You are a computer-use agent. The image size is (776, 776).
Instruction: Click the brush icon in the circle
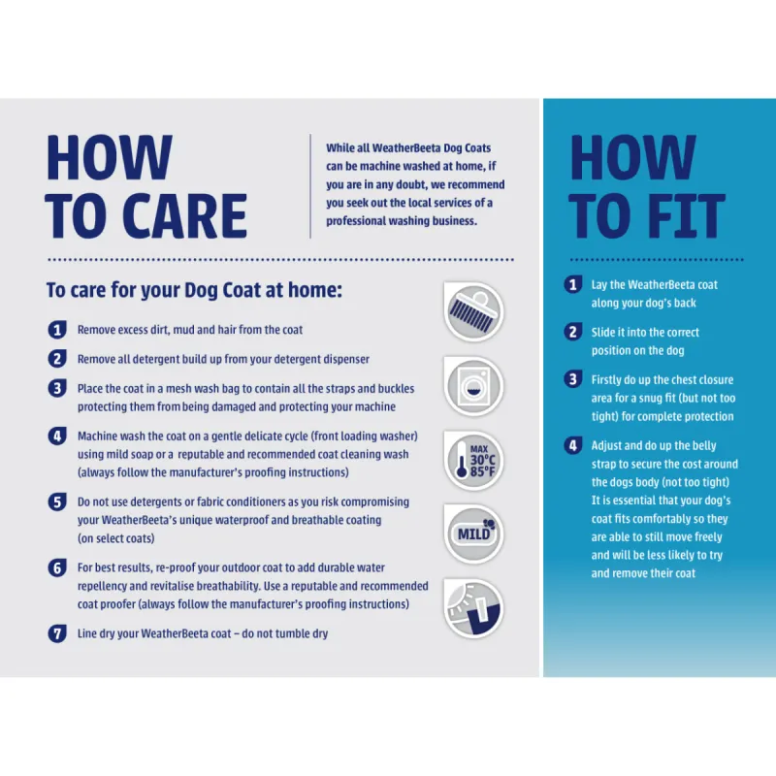pyautogui.click(x=473, y=311)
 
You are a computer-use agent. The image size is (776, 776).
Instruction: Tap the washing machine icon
pyautogui.click(x=473, y=386)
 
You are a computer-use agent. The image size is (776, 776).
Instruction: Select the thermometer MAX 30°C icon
pyautogui.click(x=473, y=460)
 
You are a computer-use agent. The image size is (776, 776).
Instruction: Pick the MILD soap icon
pyautogui.click(x=473, y=534)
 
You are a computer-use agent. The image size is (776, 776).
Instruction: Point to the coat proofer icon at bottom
pyautogui.click(x=473, y=608)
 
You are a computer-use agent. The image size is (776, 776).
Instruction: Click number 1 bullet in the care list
pyautogui.click(x=57, y=330)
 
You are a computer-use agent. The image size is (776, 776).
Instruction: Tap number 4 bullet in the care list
pyautogui.click(x=57, y=436)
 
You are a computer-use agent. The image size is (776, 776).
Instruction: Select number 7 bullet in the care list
pyautogui.click(x=57, y=633)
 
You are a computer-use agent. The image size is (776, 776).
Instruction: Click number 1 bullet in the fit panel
pyautogui.click(x=573, y=284)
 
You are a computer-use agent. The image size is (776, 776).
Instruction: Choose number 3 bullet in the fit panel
pyautogui.click(x=573, y=379)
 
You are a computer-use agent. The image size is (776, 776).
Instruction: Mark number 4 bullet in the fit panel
pyautogui.click(x=573, y=445)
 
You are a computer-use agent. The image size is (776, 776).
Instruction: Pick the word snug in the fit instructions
pyautogui.click(x=645, y=399)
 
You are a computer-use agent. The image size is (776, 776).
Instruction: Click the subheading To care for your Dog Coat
pyautogui.click(x=194, y=290)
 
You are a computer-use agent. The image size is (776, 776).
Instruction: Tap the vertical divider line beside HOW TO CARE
pyautogui.click(x=310, y=186)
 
